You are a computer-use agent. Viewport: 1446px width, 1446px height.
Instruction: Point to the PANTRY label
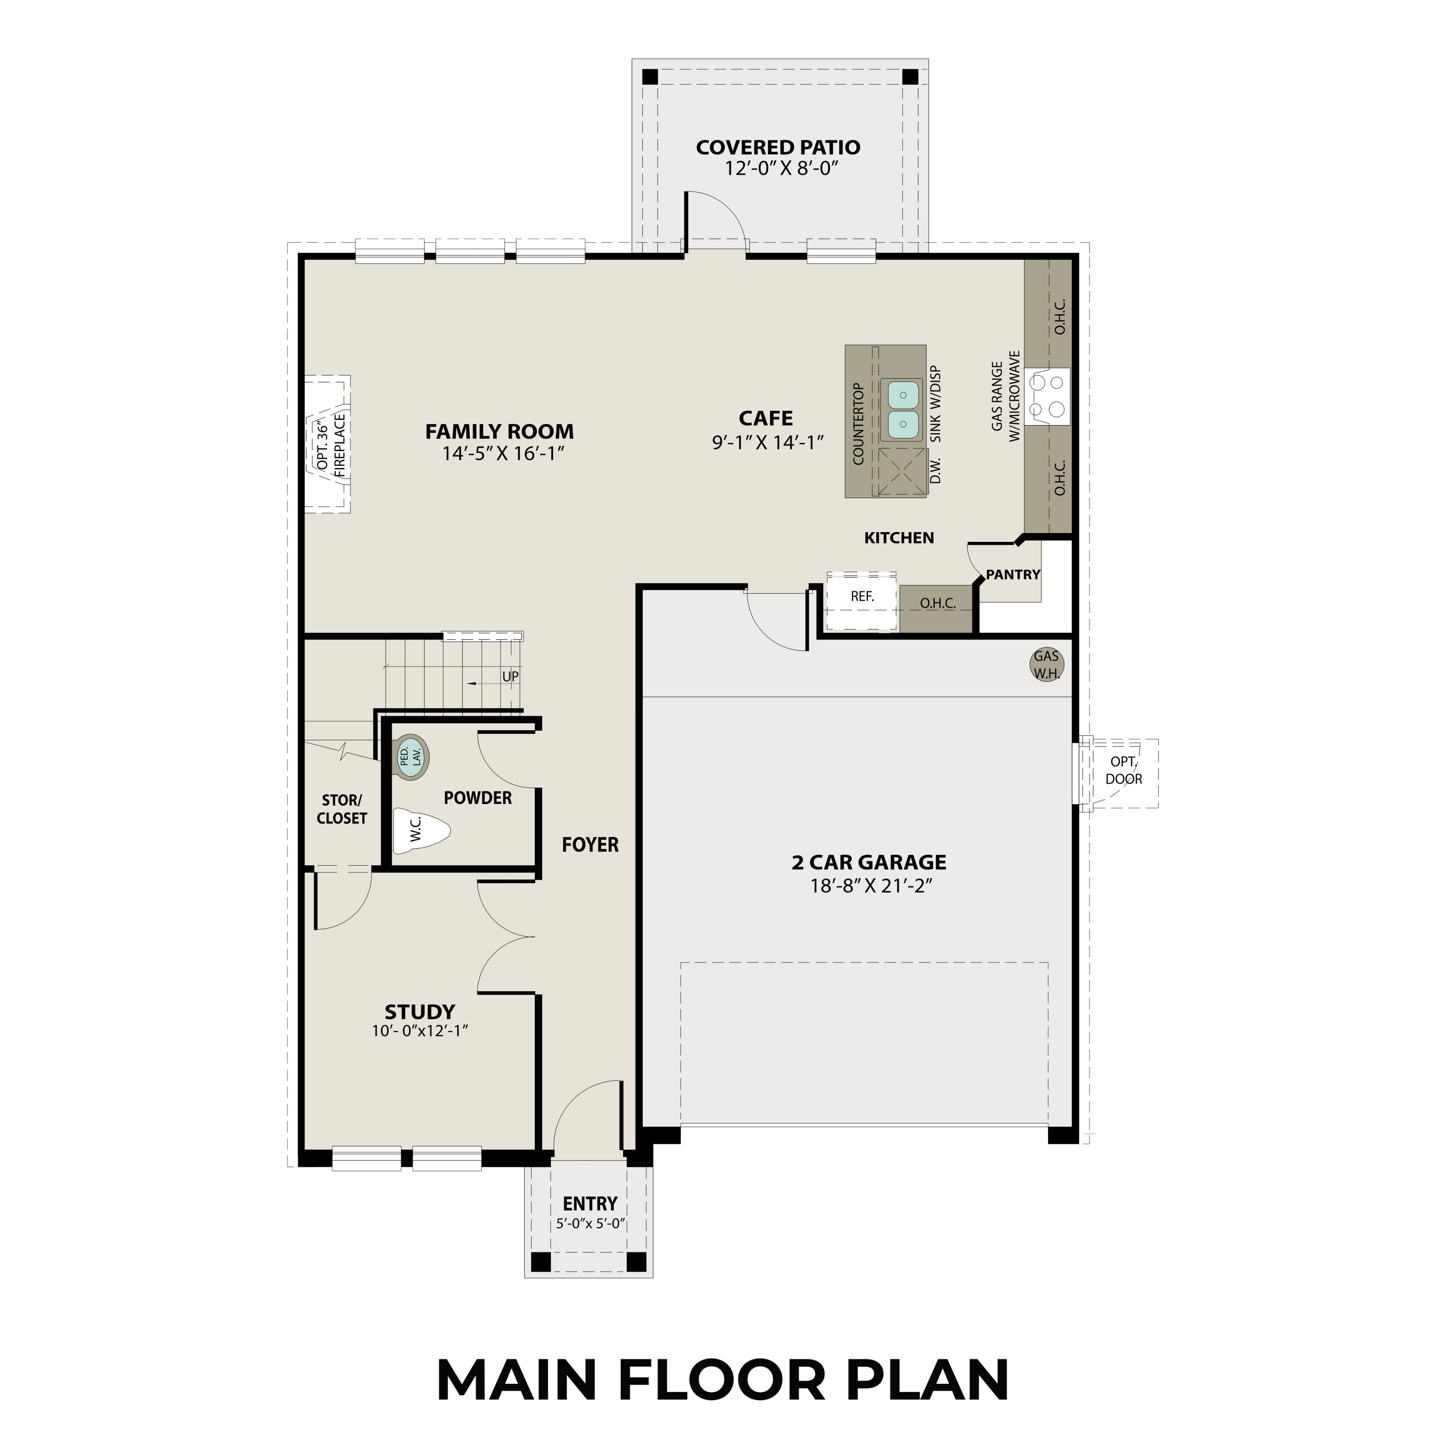(x=1013, y=575)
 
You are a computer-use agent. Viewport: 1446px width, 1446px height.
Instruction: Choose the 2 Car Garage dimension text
(x=869, y=886)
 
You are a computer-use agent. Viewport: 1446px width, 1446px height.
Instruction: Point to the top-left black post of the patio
(x=650, y=76)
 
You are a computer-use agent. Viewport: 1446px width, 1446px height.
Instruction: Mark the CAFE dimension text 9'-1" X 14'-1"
(x=767, y=442)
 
